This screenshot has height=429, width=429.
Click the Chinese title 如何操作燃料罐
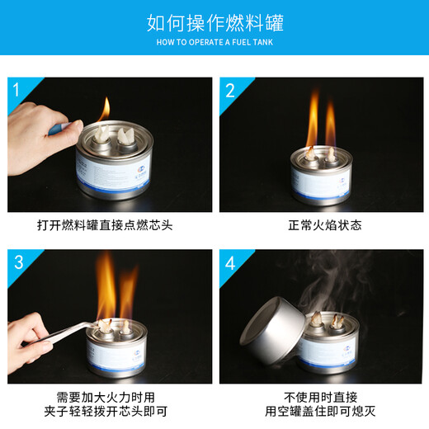coord(214,21)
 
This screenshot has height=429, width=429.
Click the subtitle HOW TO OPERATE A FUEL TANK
coord(214,41)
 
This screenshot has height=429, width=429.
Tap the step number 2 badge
coord(230,90)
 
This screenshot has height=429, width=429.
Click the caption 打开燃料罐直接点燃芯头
coord(105,224)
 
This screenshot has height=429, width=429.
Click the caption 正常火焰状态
coord(324,224)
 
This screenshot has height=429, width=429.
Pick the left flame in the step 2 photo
coord(312,124)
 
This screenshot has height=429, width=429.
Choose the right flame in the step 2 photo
coord(331,124)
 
